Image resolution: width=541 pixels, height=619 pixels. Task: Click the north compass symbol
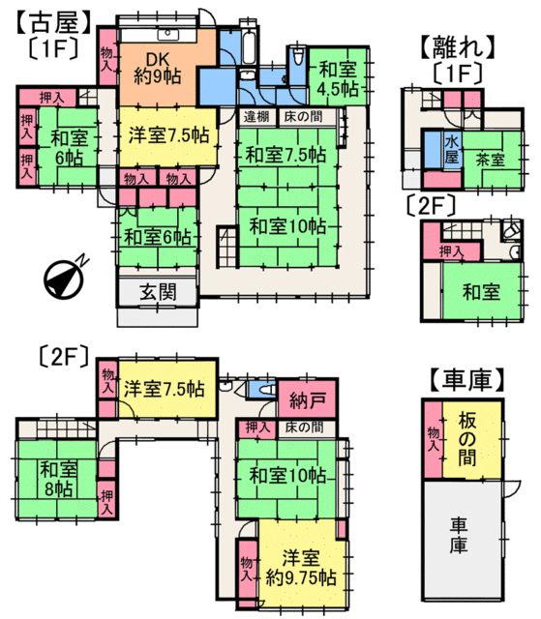pos(64,278)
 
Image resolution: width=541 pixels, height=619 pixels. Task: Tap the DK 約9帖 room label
pos(158,68)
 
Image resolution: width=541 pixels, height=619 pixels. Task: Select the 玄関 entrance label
pos(158,292)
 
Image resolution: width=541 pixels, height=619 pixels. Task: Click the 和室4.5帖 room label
pos(338,79)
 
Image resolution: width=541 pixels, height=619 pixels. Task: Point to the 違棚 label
pos(256,117)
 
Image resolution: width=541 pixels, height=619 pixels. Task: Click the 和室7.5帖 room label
pos(286,155)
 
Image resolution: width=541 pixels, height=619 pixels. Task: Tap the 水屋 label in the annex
pos(452,150)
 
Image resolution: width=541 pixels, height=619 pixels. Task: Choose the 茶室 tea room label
pos(490,160)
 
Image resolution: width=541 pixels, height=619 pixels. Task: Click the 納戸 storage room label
pos(308,400)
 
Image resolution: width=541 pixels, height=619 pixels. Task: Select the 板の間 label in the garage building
pos(467,439)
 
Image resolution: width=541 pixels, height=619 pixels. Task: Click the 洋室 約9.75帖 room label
pos(301,569)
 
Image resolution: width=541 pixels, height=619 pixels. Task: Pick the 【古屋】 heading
pos(53,23)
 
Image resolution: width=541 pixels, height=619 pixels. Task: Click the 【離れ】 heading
pos(457,46)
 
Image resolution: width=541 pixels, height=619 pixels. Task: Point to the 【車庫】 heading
pos(466,379)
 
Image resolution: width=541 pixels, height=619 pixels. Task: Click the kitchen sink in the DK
pos(168,35)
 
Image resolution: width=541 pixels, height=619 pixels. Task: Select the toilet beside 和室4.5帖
pos(298,55)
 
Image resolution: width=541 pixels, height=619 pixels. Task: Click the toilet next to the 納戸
pos(267,390)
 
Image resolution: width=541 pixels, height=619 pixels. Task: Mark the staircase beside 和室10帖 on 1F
pos(227,248)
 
